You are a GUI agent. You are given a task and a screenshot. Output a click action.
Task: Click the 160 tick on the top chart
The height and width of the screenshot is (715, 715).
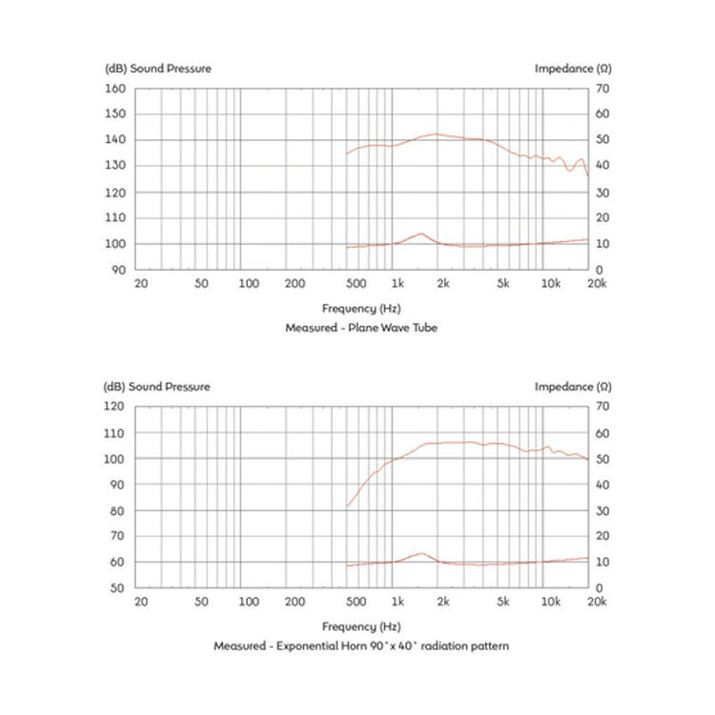114,89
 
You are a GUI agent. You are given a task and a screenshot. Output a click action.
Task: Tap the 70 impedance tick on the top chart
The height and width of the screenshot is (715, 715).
602,89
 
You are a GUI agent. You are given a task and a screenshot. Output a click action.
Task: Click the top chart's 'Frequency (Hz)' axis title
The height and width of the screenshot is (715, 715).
360,308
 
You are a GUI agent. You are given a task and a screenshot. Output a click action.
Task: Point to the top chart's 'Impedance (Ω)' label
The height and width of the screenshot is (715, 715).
572,69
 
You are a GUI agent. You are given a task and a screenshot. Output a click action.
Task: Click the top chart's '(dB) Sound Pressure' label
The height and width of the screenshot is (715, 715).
157,69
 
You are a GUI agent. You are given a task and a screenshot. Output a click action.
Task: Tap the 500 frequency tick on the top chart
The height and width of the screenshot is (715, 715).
355,283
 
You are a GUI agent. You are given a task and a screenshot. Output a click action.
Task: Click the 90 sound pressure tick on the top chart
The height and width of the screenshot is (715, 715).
118,270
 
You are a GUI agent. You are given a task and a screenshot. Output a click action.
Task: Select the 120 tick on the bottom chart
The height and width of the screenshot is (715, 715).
114,407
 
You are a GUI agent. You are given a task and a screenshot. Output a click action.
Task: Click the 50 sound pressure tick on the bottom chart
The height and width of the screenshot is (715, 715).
118,588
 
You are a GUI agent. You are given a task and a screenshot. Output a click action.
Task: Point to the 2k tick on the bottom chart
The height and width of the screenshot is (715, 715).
442,602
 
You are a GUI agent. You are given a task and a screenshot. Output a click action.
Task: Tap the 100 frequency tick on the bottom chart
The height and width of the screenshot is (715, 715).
248,602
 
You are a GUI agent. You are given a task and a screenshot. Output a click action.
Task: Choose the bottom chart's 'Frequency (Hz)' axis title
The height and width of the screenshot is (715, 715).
360,626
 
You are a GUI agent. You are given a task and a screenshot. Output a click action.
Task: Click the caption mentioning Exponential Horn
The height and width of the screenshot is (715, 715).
360,645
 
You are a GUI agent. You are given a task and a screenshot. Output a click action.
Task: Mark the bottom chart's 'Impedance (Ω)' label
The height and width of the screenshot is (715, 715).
572,387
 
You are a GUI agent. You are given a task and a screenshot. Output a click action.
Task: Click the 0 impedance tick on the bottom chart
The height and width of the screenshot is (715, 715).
599,588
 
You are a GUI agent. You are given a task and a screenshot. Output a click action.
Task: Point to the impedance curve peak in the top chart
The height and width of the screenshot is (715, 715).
419,234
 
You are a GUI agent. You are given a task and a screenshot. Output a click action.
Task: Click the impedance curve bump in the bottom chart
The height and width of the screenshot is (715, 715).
419,553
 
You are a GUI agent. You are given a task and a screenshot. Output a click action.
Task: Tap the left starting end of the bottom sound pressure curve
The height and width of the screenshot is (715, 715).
347,505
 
